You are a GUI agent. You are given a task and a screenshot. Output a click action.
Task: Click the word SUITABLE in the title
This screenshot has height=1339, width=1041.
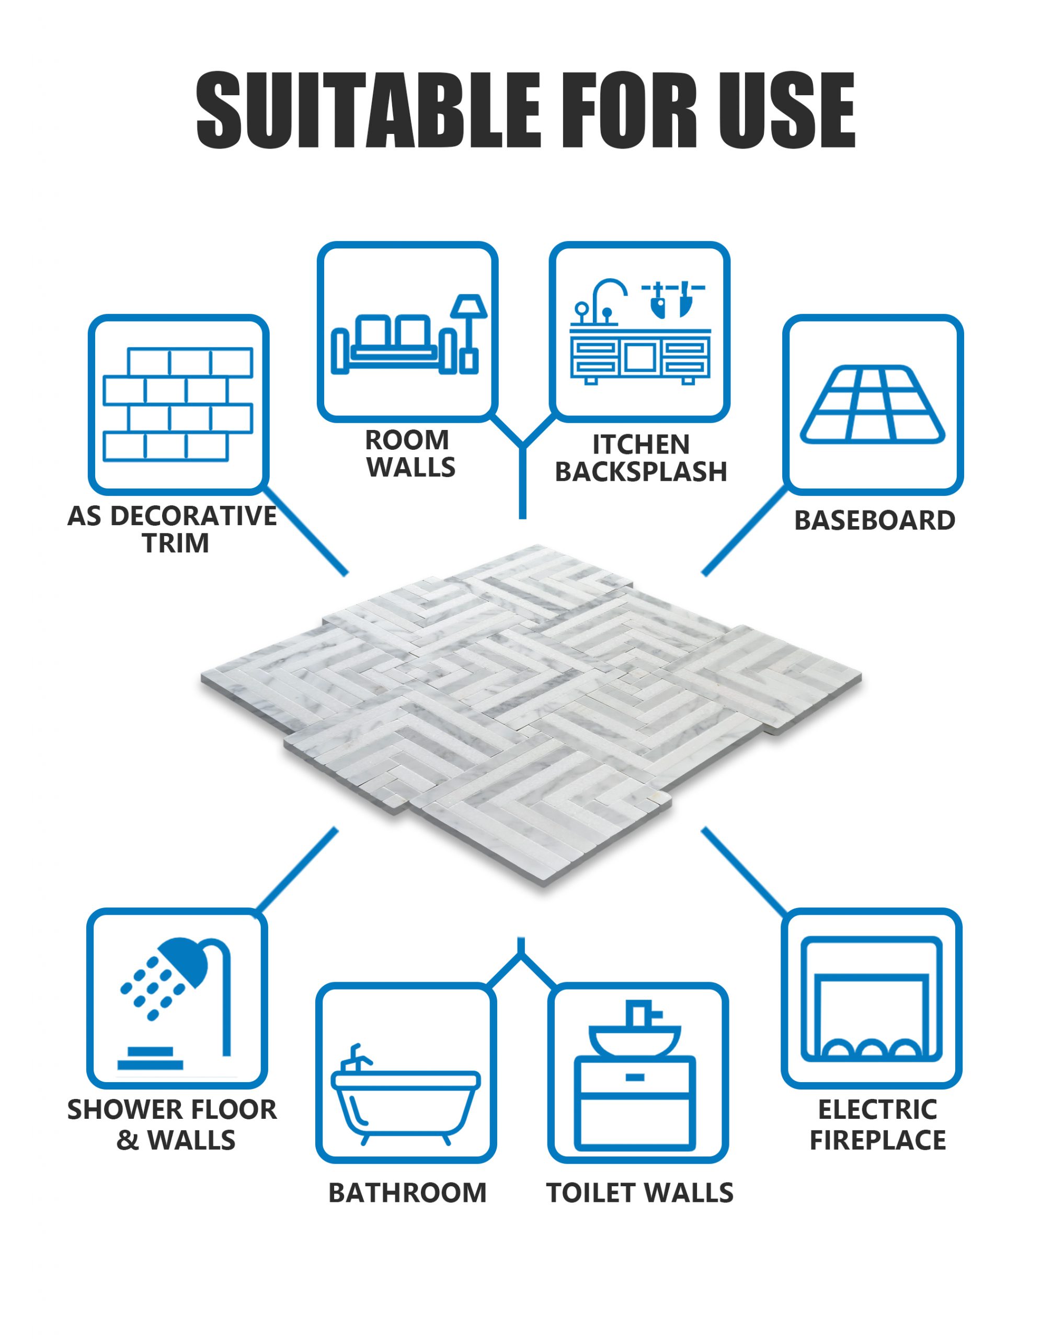click(368, 110)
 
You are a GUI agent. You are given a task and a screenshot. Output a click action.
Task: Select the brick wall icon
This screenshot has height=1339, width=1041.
click(178, 405)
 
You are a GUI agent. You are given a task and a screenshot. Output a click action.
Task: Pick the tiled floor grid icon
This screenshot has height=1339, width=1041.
click(873, 405)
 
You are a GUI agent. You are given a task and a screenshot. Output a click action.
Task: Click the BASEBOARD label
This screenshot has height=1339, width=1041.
click(874, 520)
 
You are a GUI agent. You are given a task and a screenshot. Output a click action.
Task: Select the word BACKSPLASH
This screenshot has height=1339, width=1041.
click(641, 471)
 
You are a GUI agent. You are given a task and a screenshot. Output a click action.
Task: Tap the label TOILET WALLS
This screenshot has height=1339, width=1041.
click(639, 1193)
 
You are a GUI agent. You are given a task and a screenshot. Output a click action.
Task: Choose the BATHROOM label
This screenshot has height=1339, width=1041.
click(407, 1193)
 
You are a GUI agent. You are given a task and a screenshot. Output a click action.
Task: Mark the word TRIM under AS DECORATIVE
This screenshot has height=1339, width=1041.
click(176, 543)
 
